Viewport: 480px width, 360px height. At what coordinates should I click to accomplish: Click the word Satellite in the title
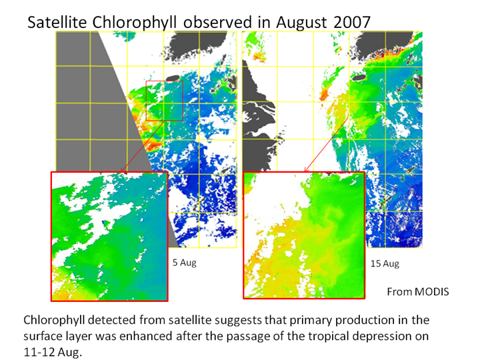57,22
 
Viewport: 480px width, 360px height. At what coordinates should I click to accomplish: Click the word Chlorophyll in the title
135,23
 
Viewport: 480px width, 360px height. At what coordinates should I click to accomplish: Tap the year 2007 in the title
352,22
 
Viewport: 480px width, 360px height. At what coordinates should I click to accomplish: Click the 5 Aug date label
184,263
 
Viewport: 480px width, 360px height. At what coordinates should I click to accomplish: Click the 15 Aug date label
385,263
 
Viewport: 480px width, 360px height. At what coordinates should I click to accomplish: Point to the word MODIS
431,292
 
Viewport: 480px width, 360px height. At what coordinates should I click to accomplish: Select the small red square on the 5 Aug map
165,101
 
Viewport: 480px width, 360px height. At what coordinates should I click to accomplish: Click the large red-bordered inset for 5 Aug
109,236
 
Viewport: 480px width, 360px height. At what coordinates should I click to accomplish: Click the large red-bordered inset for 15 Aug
304,235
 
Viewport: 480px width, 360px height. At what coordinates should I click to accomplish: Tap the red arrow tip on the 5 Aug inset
121,171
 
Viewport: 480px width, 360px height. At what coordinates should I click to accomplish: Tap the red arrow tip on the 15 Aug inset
305,171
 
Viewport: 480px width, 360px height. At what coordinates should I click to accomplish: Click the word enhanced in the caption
146,336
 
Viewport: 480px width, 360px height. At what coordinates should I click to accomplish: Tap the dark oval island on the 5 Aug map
173,79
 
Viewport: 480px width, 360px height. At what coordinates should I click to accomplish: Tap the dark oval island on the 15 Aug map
359,77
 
